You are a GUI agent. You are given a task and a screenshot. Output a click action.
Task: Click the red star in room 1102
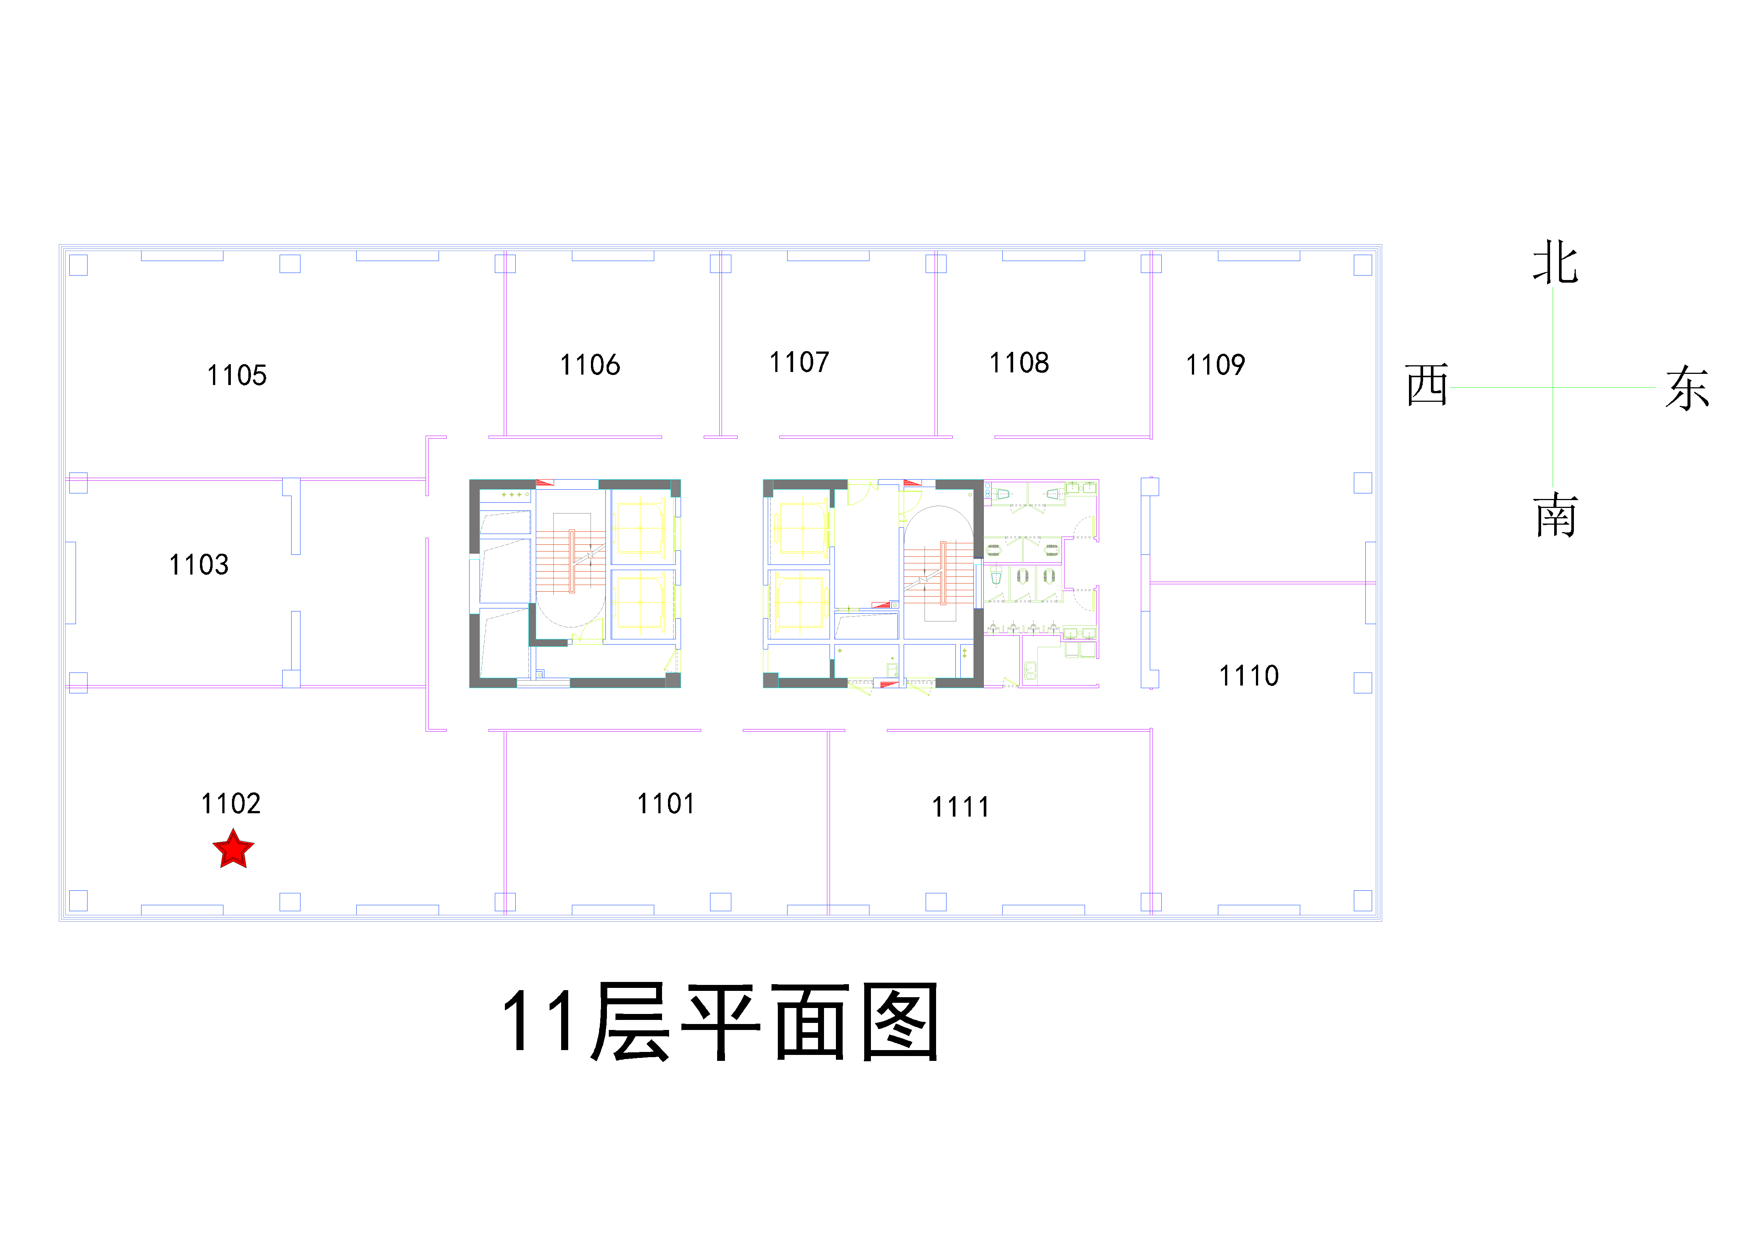233,849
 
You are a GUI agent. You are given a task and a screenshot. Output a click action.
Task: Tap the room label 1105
236,376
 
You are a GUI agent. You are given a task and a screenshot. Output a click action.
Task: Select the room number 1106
590,365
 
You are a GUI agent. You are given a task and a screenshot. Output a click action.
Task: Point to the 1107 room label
799,362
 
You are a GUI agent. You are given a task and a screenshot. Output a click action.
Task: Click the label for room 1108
1019,362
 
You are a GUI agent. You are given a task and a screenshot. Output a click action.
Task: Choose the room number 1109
1216,365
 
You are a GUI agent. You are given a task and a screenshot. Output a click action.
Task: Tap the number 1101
665,804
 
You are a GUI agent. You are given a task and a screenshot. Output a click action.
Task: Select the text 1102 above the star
231,804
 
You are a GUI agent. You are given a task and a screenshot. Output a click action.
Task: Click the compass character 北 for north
1555,263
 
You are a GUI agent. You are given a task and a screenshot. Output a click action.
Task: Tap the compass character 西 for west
1427,385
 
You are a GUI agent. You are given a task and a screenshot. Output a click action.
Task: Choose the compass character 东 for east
1687,388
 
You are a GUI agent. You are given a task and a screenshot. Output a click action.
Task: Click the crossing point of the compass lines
1553,387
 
